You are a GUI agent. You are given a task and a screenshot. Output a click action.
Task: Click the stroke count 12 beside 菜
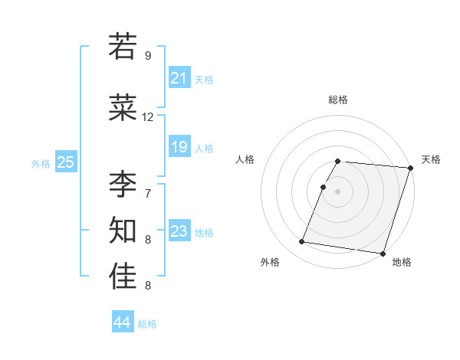pos(148,117)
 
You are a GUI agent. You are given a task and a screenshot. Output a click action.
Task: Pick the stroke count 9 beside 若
pos(148,56)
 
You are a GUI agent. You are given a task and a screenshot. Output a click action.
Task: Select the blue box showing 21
pos(179,78)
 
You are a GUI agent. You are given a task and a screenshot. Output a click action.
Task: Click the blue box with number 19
pos(179,147)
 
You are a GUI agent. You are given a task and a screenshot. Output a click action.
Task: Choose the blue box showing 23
pos(179,231)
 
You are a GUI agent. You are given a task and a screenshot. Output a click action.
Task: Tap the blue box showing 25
pos(66,162)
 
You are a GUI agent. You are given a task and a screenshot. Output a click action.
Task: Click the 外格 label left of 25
pos(41,163)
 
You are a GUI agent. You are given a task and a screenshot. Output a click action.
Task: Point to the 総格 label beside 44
pos(147,324)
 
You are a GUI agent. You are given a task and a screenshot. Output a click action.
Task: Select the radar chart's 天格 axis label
pos(431,159)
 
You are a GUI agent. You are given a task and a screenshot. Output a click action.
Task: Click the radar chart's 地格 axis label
pos(402,262)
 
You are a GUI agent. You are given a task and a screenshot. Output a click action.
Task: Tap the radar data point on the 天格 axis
pos(410,168)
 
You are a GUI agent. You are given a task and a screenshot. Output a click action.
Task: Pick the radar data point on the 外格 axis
pos(302,242)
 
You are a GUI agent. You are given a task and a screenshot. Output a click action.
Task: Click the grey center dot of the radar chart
pos(337,191)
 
